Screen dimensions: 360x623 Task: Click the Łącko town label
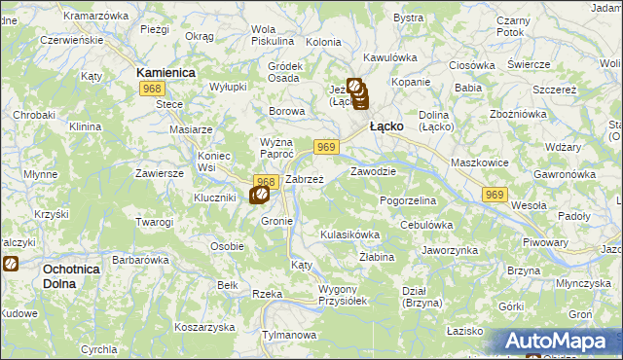coord(386,126)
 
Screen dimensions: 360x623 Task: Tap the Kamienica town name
coord(166,72)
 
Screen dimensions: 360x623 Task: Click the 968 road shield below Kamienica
coord(151,89)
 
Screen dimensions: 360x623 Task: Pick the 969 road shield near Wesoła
coord(495,196)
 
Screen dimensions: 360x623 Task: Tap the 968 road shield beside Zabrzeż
coord(267,181)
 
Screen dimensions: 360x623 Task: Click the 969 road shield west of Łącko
coord(326,147)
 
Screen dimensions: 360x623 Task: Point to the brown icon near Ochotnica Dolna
coord(10,263)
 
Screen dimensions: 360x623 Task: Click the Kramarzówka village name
coord(95,17)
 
